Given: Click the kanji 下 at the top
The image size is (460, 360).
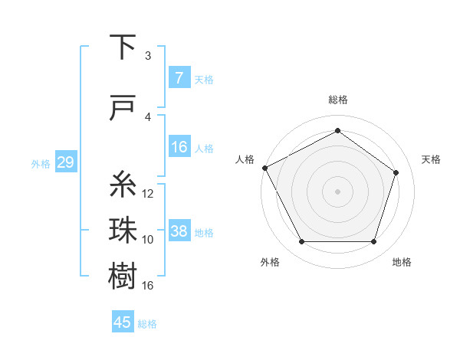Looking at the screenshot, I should tap(123, 48).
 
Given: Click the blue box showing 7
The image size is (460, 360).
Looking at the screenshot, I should tap(179, 78).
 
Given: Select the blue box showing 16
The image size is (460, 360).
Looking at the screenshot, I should tap(179, 148).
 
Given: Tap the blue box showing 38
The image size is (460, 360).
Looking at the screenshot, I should tap(179, 231).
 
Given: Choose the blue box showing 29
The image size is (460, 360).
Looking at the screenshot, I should tap(66, 162).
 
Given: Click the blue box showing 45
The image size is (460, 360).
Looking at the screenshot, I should tap(123, 322).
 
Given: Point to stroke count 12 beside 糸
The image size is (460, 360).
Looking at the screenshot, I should tap(148, 194).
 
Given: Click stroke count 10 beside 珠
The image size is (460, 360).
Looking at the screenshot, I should tap(148, 240).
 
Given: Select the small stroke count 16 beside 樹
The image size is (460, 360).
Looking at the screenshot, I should tap(148, 286).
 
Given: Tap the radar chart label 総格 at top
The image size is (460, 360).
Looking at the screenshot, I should tap(337, 100).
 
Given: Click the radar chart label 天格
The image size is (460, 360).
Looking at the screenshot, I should tap(432, 159).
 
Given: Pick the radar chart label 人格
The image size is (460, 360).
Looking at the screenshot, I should tap(245, 159).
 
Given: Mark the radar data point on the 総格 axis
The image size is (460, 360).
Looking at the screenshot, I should tap(337, 130).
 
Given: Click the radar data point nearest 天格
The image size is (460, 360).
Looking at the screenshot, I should tap(396, 172).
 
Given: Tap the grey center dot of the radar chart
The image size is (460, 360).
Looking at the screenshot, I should tap(337, 191).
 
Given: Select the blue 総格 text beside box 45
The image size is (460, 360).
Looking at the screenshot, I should tap(147, 324).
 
